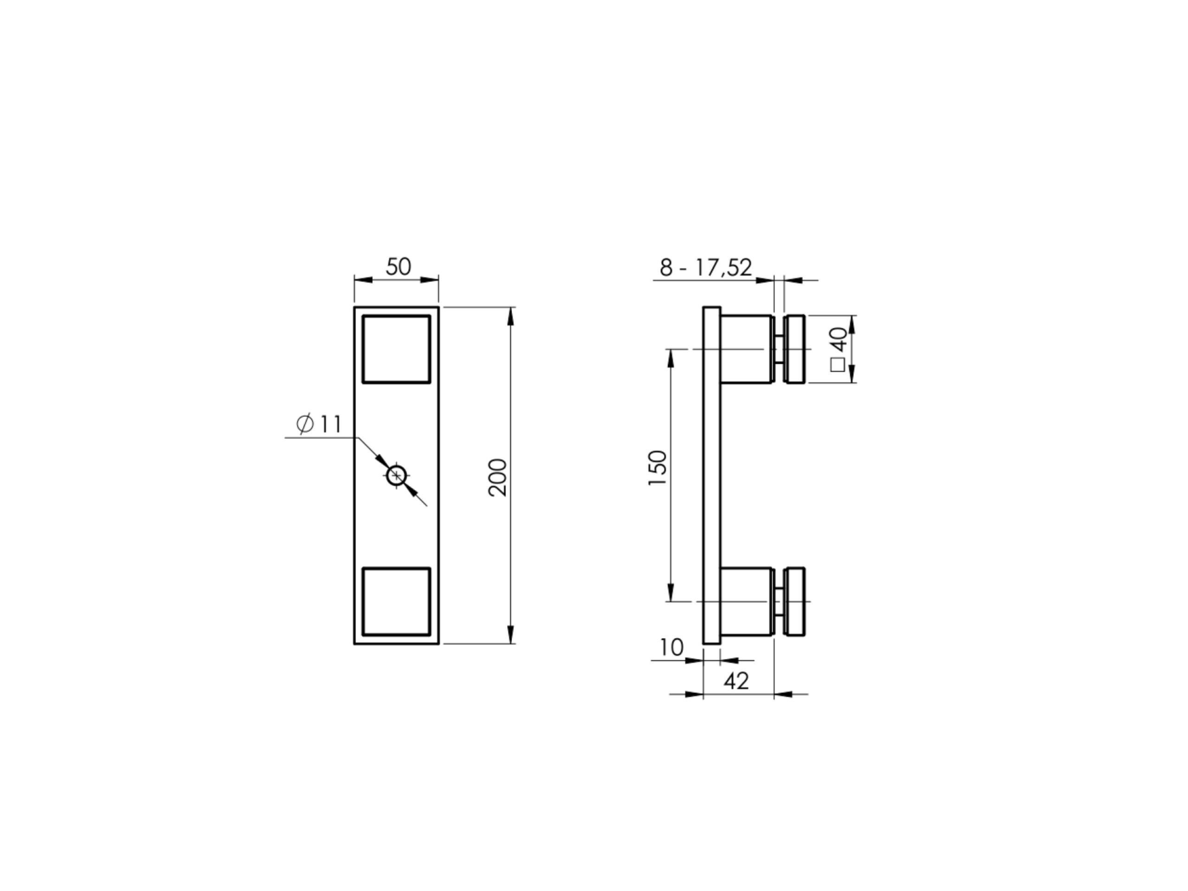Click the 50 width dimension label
point(399,267)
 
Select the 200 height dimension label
point(498,478)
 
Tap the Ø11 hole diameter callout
point(319,424)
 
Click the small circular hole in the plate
point(397,475)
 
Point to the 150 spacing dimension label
point(658,468)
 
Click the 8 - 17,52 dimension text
point(706,267)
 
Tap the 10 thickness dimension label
point(671,648)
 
